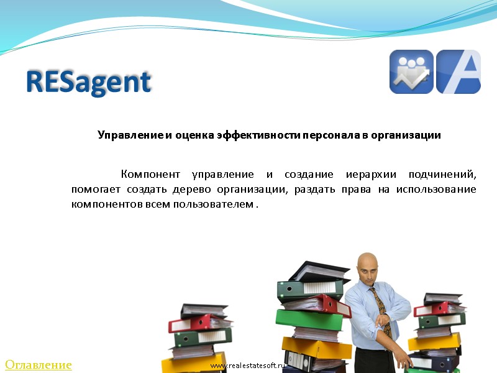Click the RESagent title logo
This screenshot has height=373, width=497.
pos(89,82)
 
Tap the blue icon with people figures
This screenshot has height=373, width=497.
pos(411,71)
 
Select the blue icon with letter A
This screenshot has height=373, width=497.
pos(458,71)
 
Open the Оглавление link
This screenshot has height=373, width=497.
pos(39,365)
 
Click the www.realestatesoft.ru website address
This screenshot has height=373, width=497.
pos(247,366)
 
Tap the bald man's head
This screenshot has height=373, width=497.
pos(368,265)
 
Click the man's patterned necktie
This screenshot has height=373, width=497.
pos(380,311)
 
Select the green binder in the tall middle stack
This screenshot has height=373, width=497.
pos(309,320)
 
